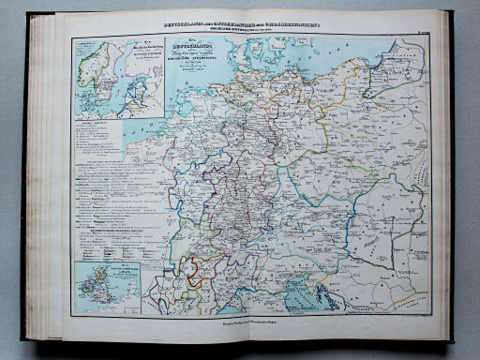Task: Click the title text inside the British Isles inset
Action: (x=127, y=278)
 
